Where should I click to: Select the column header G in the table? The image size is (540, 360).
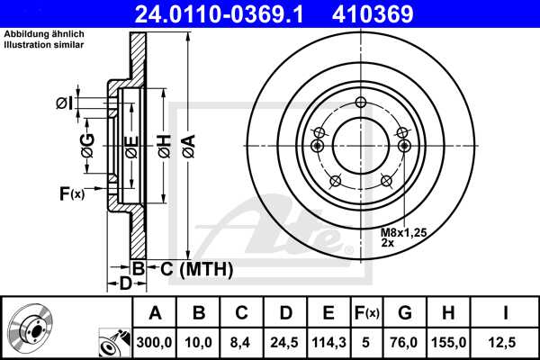coord(405,312)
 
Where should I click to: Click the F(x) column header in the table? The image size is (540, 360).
coord(366,312)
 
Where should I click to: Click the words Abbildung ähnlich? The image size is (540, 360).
coord(39,34)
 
